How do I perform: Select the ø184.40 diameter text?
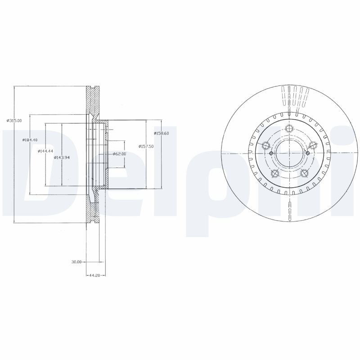point(29,140)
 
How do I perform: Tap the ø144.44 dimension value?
point(45,151)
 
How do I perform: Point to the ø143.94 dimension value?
point(61,157)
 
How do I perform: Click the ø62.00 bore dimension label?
point(119,154)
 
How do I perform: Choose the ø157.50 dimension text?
point(147,146)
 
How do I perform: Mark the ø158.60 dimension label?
point(161,133)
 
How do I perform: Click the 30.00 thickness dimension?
point(76,261)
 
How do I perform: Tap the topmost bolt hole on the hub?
point(289,127)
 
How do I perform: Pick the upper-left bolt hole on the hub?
point(265,145)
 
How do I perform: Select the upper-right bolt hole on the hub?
point(313,145)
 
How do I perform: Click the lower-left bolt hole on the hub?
point(274,174)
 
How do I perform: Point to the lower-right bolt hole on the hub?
point(304,174)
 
